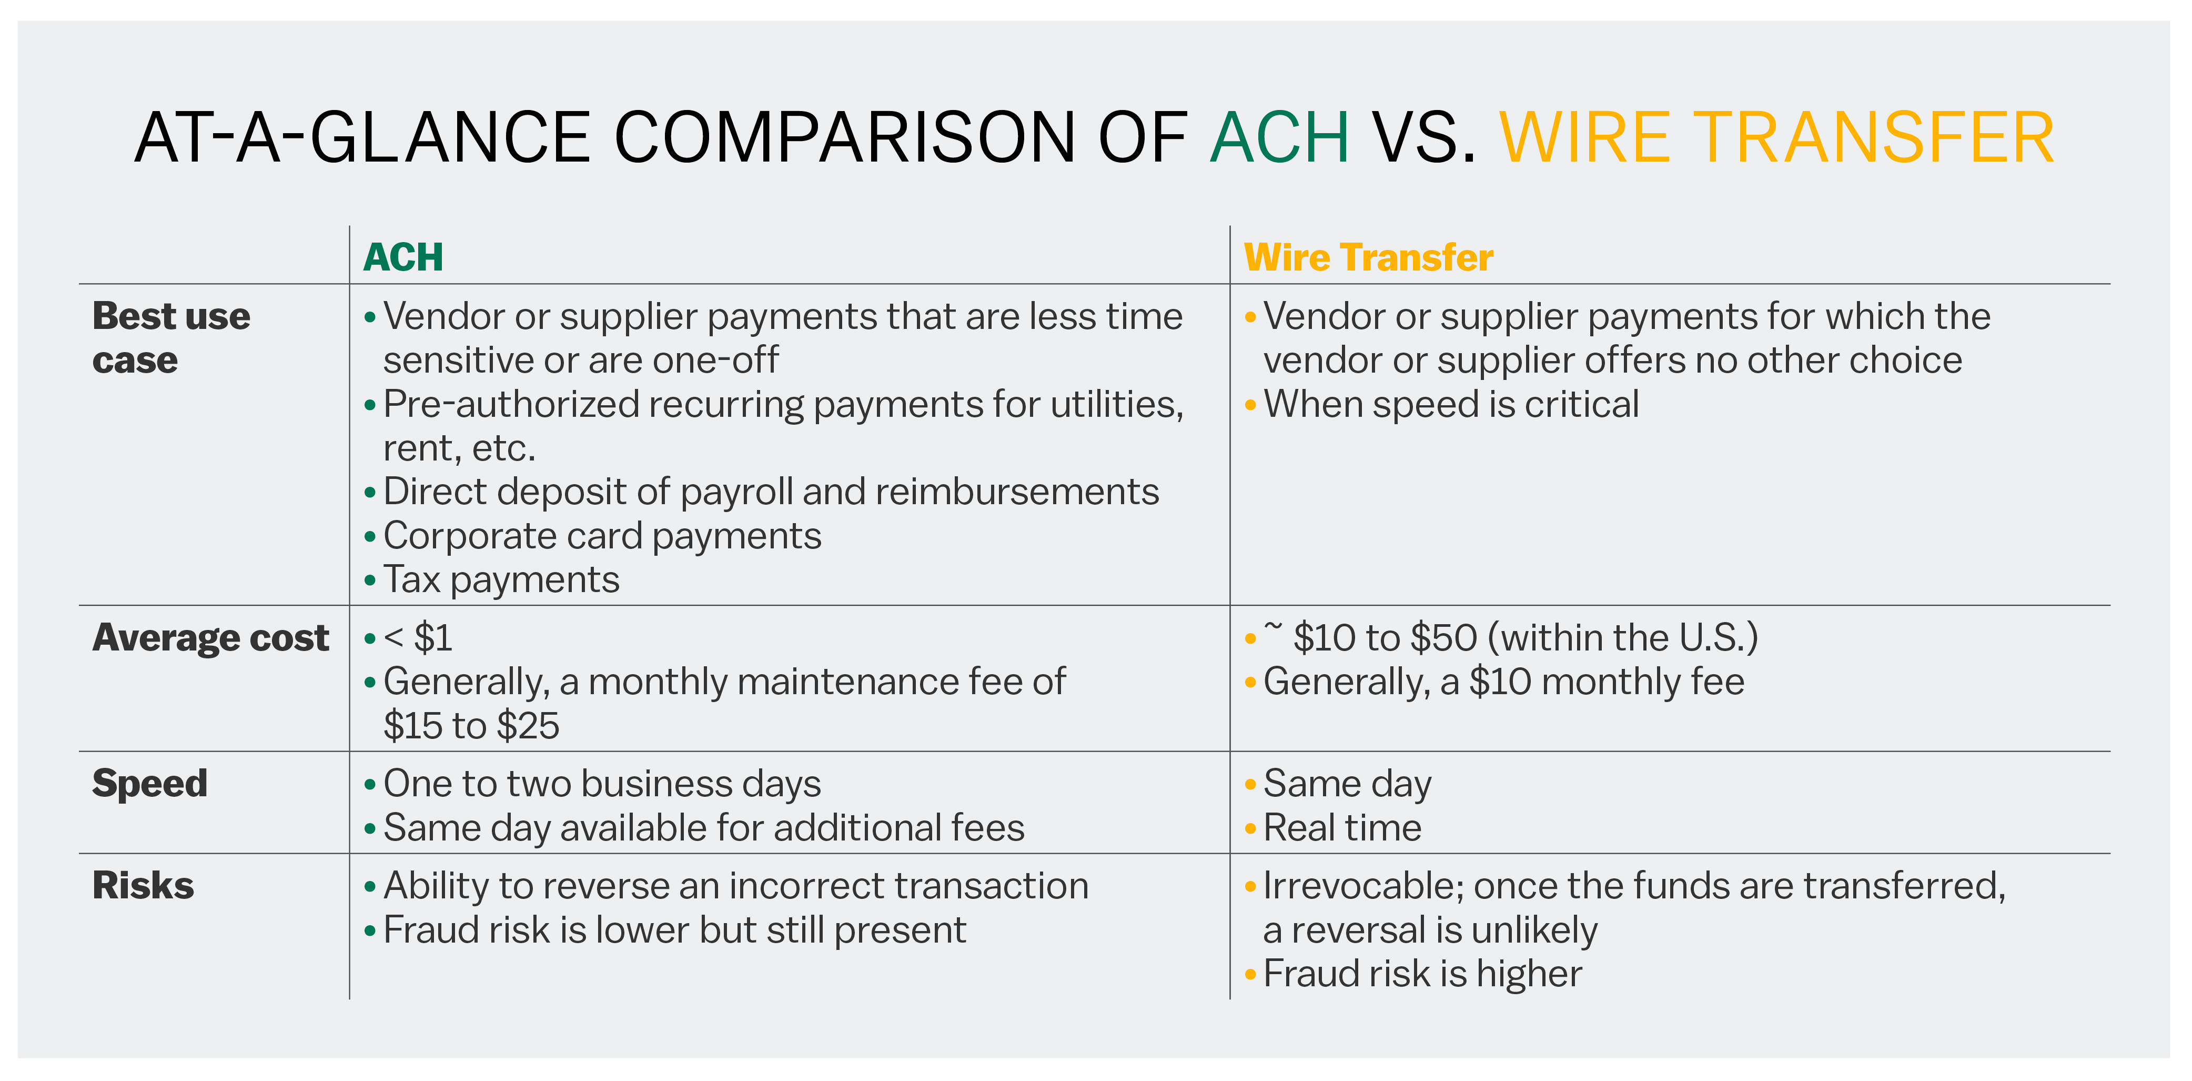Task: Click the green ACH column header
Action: click(x=403, y=257)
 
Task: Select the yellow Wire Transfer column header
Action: click(x=1368, y=257)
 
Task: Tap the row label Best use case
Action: click(x=171, y=338)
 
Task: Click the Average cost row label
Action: click(x=210, y=637)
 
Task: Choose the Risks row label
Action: click(x=143, y=885)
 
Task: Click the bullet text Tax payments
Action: click(x=501, y=579)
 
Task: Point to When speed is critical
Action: click(x=1451, y=404)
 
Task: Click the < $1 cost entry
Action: click(x=418, y=637)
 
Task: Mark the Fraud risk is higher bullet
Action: click(x=1423, y=974)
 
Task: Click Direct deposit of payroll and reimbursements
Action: click(x=771, y=492)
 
